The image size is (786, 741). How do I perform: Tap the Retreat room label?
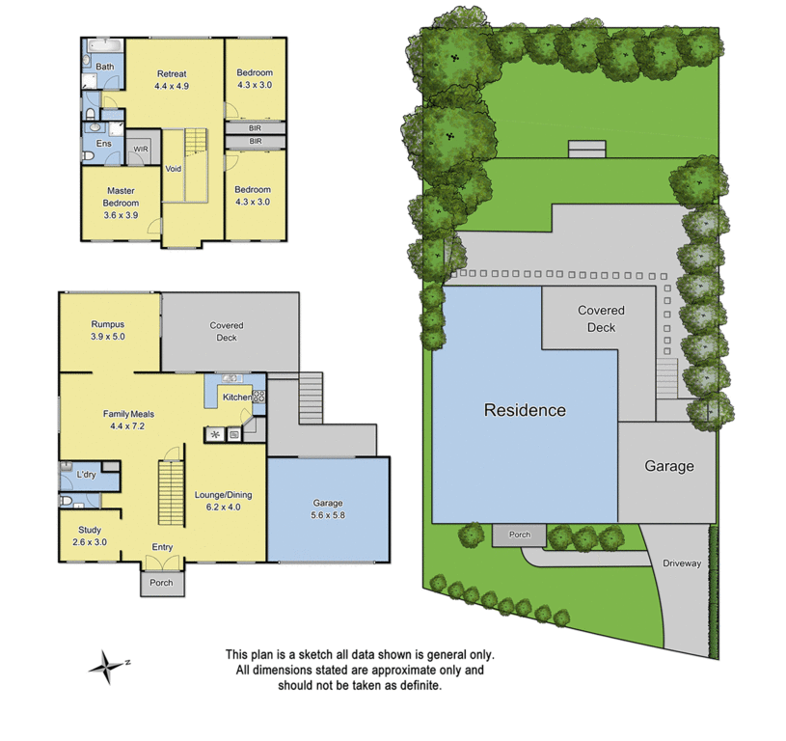pos(171,74)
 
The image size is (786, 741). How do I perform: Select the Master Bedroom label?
pos(121,197)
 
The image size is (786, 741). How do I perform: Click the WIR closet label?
pos(141,150)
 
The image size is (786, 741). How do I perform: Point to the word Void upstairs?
pos(174,168)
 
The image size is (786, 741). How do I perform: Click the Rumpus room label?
pos(108,324)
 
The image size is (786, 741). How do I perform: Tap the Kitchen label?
pos(237,398)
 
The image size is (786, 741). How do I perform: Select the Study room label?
pos(90,530)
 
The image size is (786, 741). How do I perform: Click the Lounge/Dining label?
pos(223,495)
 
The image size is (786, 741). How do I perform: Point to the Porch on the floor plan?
pos(162,583)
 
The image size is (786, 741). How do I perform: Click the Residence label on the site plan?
pos(525,410)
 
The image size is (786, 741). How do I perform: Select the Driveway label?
pos(682,563)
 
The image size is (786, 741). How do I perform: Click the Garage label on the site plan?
pos(668,466)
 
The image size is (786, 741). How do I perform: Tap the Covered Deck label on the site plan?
pos(602,318)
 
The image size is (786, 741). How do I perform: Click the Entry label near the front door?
pos(162,548)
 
